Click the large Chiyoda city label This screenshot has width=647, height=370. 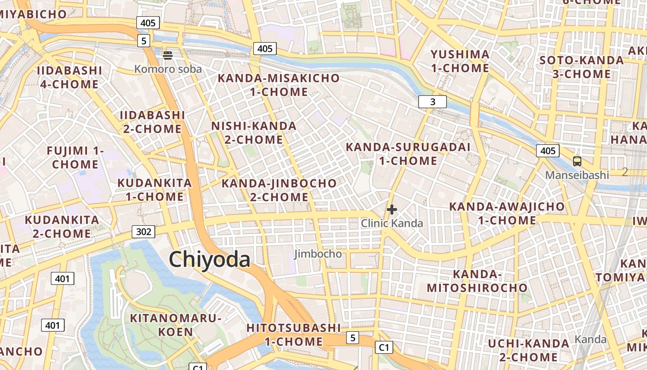pos(209,259)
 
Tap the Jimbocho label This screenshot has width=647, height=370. pos(318,254)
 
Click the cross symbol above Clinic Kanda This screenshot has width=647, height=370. pos(392,210)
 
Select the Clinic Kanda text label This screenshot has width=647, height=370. pos(392,223)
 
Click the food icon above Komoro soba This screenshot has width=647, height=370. pos(168,55)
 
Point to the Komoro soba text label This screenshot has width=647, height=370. pos(168,69)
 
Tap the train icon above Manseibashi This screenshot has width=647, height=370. pos(577,161)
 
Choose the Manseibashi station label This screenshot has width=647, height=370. pos(577,175)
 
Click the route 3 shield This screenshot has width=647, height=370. pos(433,102)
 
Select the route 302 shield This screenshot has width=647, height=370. pos(143,232)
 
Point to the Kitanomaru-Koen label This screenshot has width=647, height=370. pos(176,325)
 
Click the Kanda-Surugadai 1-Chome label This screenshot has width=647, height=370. pos(408,154)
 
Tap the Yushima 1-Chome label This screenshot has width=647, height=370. pos(460,62)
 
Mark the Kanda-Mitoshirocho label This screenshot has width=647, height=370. pos(477,281)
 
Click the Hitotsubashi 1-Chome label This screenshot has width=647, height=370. pos(293,335)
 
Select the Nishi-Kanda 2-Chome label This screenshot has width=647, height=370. pos(254,133)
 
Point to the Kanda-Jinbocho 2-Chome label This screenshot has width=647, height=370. pos(279,190)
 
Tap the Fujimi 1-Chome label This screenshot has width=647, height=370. pos(75,158)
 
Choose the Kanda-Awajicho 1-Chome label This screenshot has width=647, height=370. pos(507,213)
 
